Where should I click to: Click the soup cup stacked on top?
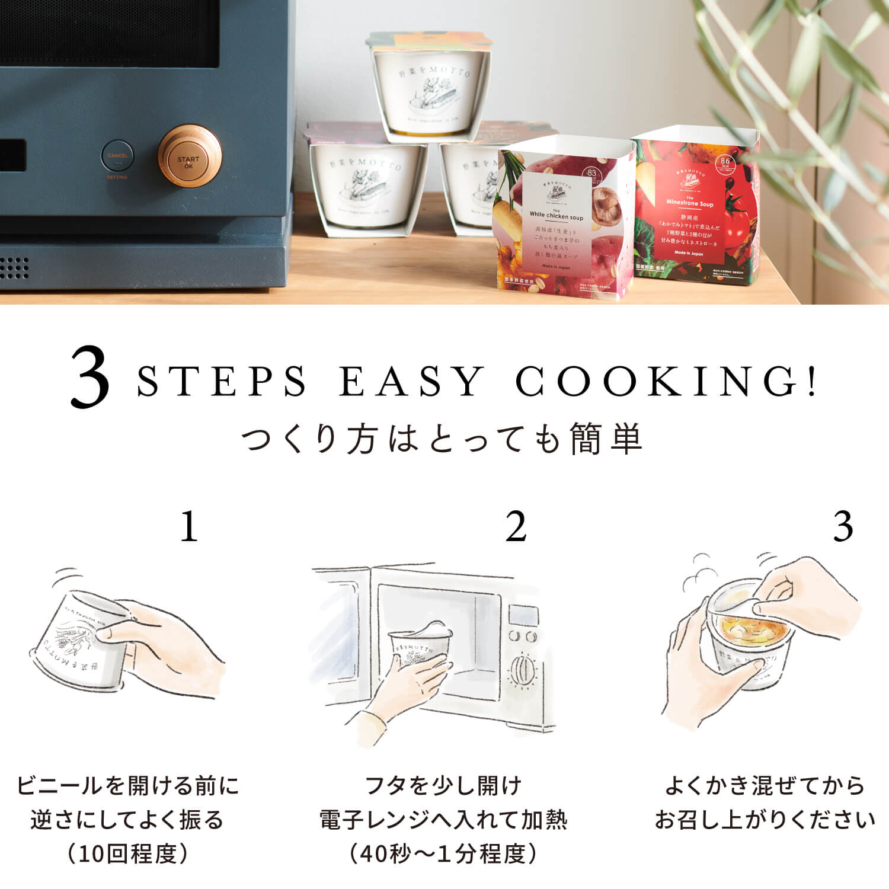pos(430,86)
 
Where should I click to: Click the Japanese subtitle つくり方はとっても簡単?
pos(443,440)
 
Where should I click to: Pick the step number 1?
pos(189,526)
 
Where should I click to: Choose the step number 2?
pos(516,526)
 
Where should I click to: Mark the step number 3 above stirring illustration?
pos(843,526)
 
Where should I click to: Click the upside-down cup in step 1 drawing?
pos(80,643)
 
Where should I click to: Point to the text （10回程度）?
pos(127,854)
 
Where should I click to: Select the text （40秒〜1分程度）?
pos(443,854)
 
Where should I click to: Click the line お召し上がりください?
pos(765,820)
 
